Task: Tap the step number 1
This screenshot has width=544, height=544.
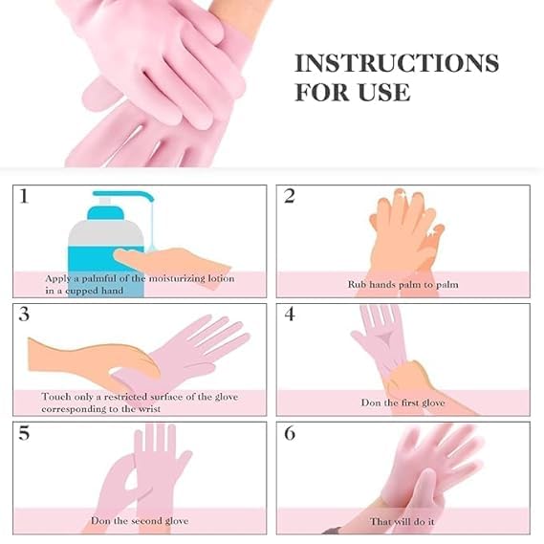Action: tap(24, 197)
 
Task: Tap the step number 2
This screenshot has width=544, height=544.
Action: tap(290, 197)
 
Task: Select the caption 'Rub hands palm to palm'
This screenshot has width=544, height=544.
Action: tap(402, 284)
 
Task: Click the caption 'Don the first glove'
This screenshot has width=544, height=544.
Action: tap(403, 403)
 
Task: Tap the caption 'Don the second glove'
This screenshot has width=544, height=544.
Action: tap(139, 521)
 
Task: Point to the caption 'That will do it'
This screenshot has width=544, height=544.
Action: tap(403, 521)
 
